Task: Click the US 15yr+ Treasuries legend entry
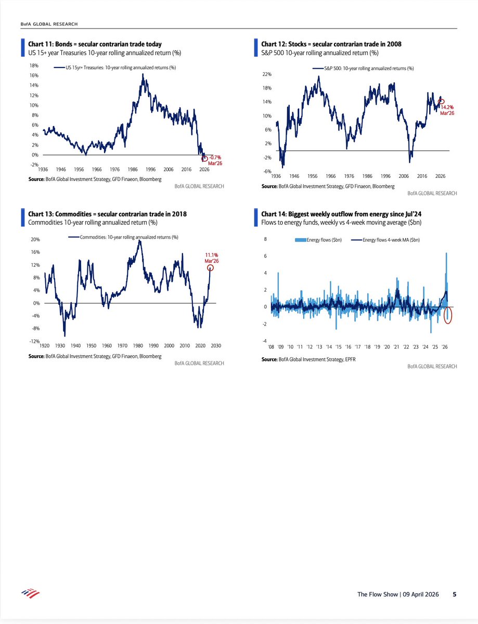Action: point(114,67)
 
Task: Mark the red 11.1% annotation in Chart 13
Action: point(210,257)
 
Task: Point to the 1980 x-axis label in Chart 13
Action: point(138,345)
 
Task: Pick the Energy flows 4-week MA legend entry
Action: point(385,240)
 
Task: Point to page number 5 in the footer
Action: point(454,594)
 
